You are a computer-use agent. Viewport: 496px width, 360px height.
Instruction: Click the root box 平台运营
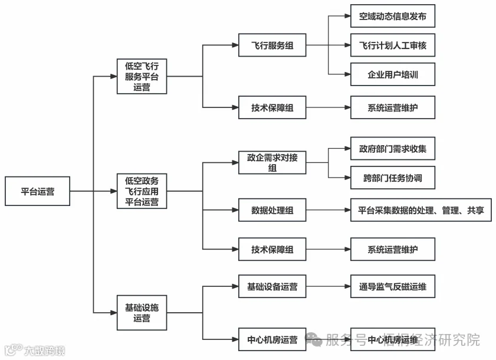37,191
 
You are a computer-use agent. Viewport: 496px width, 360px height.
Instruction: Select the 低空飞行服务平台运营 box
142,76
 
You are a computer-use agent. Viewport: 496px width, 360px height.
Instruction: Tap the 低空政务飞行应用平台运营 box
142,191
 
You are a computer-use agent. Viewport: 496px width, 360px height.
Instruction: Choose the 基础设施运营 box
142,312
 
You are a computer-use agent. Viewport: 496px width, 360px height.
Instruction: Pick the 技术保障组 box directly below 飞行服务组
272,107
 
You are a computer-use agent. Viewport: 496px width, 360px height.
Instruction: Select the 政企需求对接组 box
272,162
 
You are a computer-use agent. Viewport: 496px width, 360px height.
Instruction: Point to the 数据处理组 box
272,210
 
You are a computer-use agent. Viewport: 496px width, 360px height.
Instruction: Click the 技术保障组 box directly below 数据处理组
272,249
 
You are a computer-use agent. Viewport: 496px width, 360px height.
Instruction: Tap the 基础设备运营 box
272,287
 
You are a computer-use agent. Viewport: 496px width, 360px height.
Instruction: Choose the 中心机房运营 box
272,339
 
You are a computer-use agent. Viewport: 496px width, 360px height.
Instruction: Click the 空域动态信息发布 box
392,17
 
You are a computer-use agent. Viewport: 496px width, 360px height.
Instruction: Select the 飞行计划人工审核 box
392,45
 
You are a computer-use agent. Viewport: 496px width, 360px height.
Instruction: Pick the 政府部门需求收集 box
392,149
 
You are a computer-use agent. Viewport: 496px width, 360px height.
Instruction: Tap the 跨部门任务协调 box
392,177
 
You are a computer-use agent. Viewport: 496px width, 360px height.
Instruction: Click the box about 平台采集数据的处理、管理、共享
421,210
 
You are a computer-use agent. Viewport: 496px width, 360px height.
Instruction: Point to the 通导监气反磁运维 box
392,287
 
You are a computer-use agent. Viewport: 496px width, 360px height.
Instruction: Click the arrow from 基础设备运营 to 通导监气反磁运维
328,287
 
